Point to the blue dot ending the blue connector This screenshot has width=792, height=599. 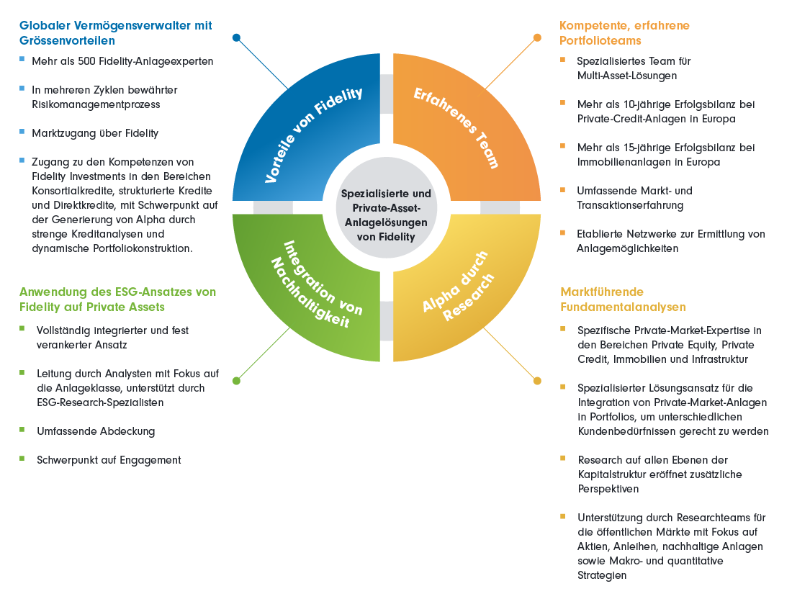pos(237,37)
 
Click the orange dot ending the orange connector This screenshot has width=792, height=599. pos(536,37)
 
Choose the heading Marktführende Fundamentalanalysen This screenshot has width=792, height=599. pos(623,299)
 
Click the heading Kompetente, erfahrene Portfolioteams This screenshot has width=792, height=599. pos(624,32)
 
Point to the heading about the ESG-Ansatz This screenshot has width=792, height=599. pos(117,299)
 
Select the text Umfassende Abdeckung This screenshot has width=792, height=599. pos(96,431)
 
